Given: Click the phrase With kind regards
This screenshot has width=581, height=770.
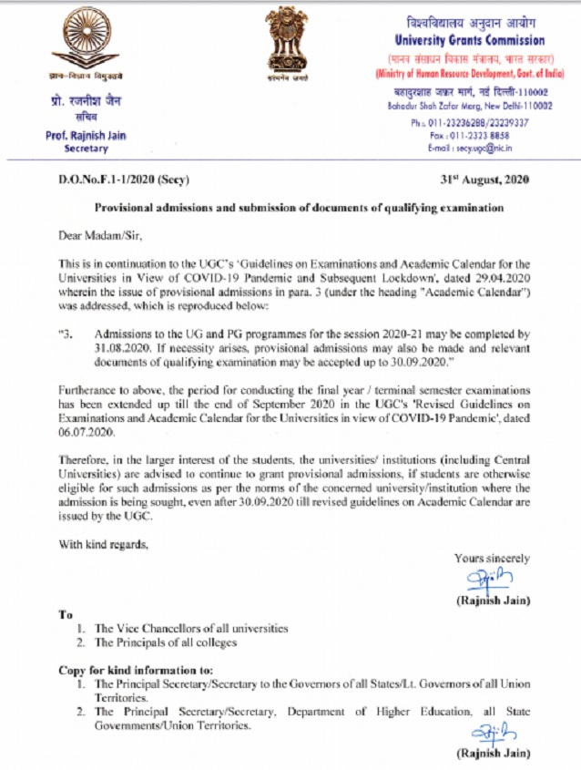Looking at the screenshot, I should (x=97, y=545).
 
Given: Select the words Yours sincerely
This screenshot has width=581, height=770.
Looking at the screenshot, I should (x=492, y=558).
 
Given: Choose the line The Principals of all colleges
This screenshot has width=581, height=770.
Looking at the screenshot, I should (x=166, y=643).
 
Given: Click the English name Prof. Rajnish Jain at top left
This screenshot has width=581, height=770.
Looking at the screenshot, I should (x=86, y=136).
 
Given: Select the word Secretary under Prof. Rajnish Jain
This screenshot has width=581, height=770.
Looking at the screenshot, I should (x=86, y=149).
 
